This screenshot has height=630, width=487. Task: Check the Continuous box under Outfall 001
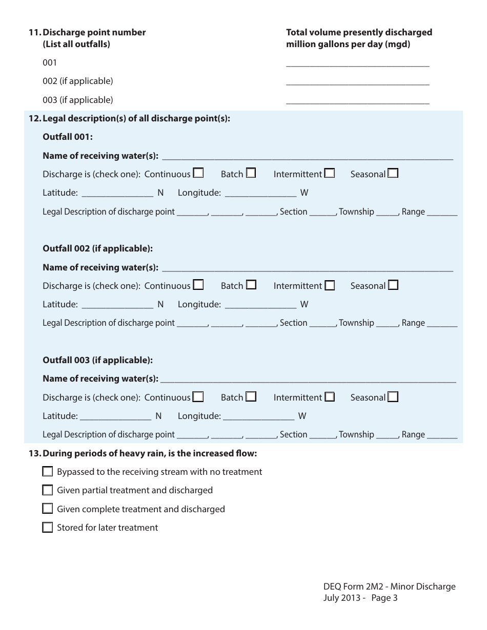[x=198, y=173]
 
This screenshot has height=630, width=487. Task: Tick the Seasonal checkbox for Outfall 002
[x=393, y=285]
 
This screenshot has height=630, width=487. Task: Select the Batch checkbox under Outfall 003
[x=251, y=396]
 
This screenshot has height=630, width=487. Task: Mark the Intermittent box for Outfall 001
[x=330, y=173]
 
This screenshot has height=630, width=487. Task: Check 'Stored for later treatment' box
[x=48, y=528]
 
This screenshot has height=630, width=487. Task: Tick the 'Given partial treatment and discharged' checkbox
[x=48, y=490]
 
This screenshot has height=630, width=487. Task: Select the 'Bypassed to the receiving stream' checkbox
[x=48, y=472]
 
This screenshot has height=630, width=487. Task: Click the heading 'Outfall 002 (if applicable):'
[x=97, y=248]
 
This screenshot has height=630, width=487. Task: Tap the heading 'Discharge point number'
[x=94, y=32]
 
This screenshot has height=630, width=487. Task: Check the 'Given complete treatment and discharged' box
[x=48, y=509]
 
